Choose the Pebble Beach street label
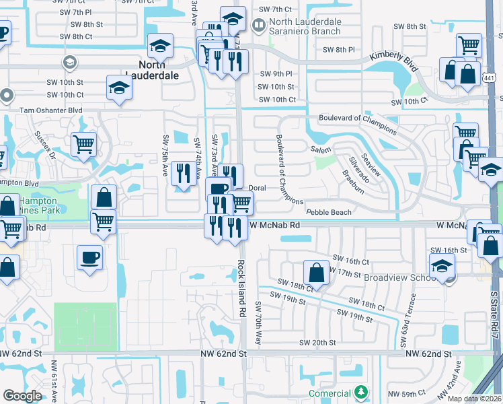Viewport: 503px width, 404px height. tap(329, 212)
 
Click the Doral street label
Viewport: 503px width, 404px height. tap(258, 188)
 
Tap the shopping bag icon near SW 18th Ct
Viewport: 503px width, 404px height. tap(315, 272)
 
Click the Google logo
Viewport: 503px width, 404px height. tap(22, 396)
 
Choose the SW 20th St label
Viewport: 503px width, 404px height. tap(317, 342)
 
